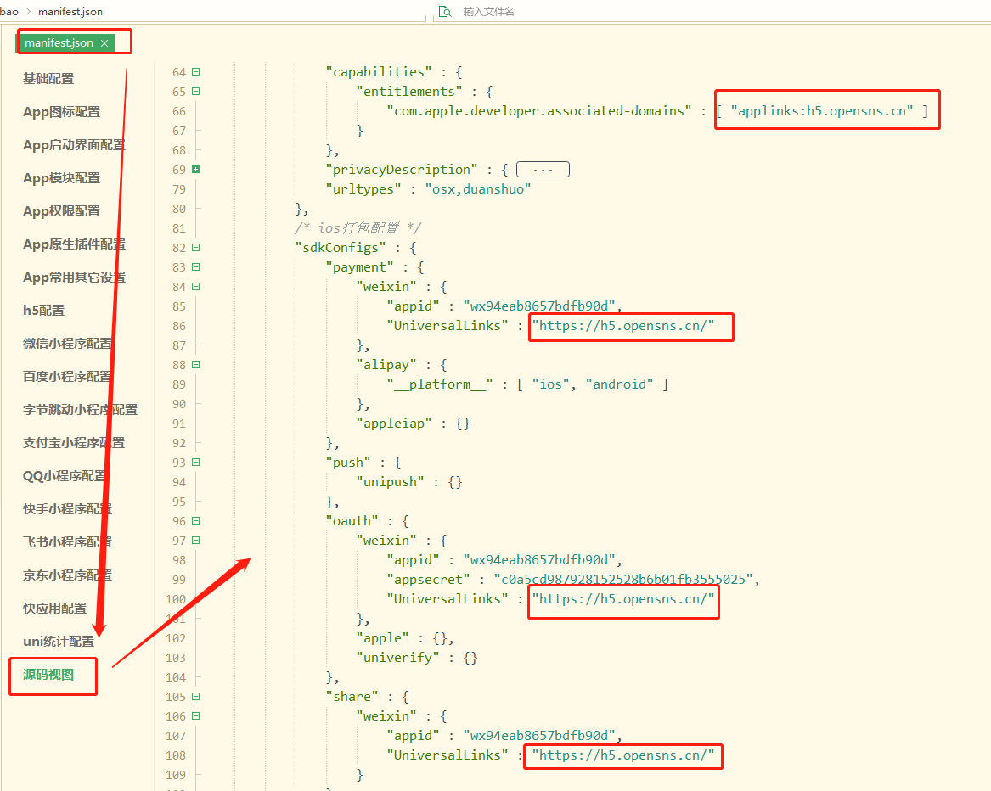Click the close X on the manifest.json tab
104,43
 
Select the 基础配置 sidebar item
48,78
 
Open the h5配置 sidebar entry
43,311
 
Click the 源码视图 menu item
48,674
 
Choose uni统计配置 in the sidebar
59,642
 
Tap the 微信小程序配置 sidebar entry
68,343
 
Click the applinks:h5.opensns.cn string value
822,111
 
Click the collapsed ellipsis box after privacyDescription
543,170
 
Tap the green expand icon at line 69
196,170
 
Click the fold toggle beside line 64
196,72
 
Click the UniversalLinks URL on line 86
623,326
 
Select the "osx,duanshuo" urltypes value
478,189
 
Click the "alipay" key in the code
386,365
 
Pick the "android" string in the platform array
619,384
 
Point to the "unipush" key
390,482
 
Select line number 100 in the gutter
176,599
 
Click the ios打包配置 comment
358,228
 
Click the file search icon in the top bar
446,11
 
